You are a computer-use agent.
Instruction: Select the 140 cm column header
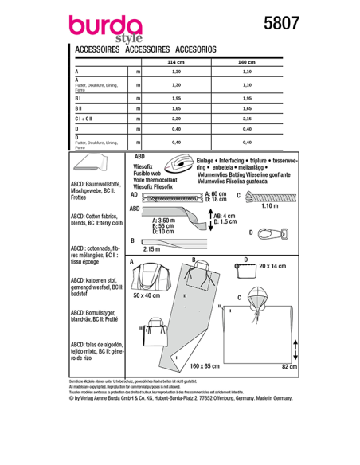coord(247,61)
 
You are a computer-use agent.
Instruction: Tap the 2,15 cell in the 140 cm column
coord(247,117)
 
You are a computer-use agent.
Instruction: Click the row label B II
coord(79,106)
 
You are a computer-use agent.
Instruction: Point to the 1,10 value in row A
coord(247,72)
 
